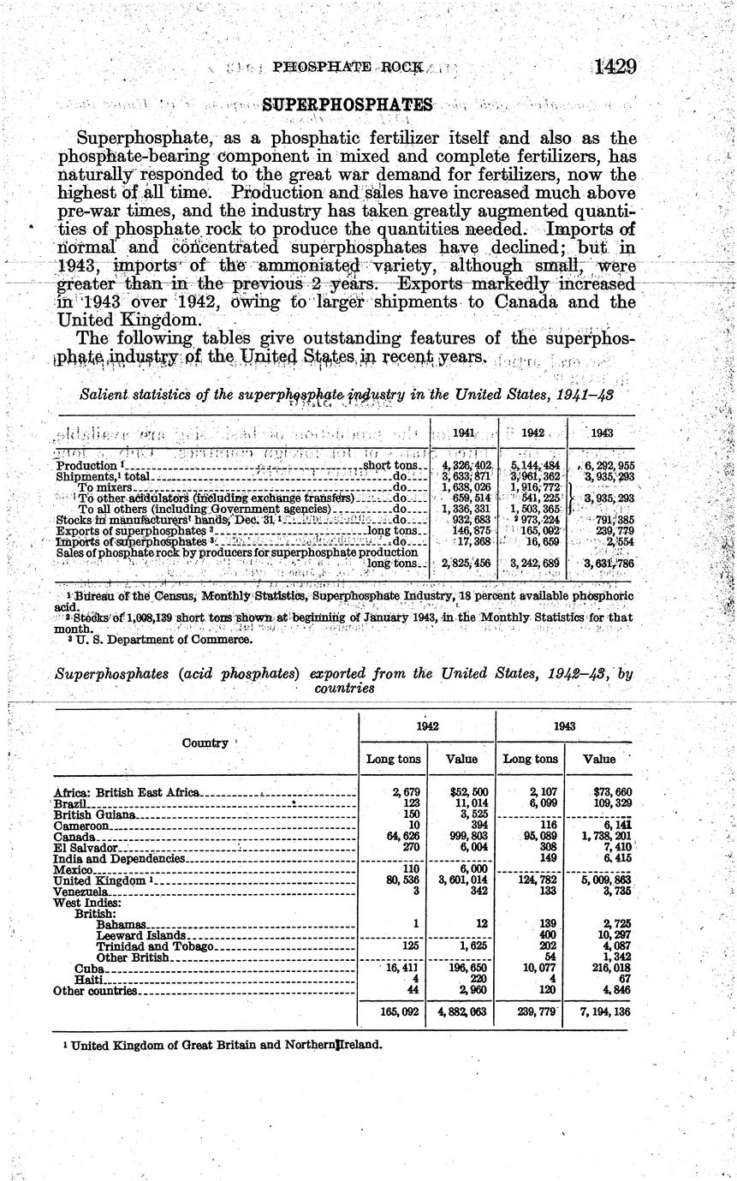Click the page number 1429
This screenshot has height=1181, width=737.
click(x=612, y=67)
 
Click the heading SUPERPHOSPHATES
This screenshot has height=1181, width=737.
click(x=348, y=104)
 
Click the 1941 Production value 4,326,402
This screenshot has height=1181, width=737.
click(x=462, y=465)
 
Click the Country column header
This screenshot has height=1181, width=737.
click(x=205, y=743)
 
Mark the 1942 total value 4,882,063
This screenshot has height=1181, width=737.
click(x=461, y=1011)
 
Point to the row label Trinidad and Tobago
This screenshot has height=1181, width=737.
click(x=154, y=946)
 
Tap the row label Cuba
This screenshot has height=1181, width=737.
click(x=90, y=968)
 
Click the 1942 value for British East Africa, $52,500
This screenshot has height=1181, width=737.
click(x=467, y=793)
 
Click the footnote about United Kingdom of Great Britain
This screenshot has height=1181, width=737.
click(x=226, y=1045)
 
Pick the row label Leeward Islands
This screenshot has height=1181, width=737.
click(x=140, y=935)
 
